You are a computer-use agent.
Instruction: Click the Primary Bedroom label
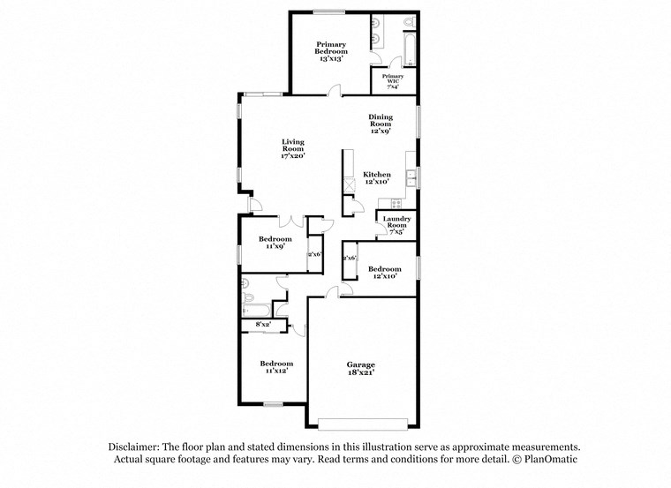click(331, 48)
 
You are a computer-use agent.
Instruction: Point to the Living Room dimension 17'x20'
click(292, 156)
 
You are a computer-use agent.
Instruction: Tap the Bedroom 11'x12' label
click(275, 367)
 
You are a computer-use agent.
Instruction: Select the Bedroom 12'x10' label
click(384, 273)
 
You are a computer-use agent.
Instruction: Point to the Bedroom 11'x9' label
click(275, 243)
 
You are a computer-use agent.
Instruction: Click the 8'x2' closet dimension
click(262, 326)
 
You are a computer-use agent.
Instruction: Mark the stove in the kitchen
click(383, 203)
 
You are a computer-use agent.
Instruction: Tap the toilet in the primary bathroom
click(408, 22)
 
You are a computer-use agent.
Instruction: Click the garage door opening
click(362, 422)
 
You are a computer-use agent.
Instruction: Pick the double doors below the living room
click(292, 219)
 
